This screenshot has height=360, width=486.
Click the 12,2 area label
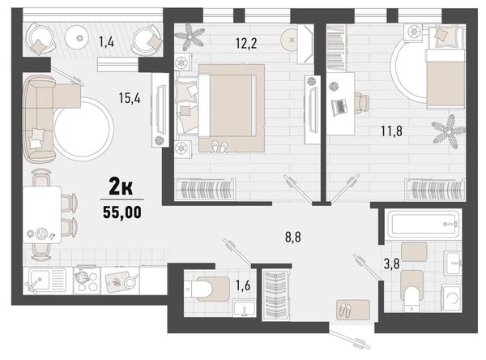(246, 43)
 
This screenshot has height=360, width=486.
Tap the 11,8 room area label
(391, 131)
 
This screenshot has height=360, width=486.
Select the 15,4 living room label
(130, 98)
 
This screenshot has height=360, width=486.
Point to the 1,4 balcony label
(106, 41)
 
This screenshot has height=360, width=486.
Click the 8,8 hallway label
(293, 238)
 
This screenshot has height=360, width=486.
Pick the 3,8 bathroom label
(392, 264)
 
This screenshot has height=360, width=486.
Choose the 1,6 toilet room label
(243, 285)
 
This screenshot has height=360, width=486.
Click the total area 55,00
(122, 212)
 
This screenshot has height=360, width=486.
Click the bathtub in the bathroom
(423, 224)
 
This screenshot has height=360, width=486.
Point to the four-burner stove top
(87, 281)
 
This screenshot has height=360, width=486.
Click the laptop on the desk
(339, 107)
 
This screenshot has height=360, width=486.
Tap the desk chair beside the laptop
(362, 104)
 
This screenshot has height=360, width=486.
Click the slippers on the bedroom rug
(220, 147)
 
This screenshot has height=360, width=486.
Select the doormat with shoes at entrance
(353, 310)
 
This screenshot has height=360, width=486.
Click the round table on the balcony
(80, 37)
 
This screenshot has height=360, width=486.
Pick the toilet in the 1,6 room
(206, 289)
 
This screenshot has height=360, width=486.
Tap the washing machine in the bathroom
(451, 298)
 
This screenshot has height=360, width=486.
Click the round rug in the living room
(83, 129)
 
